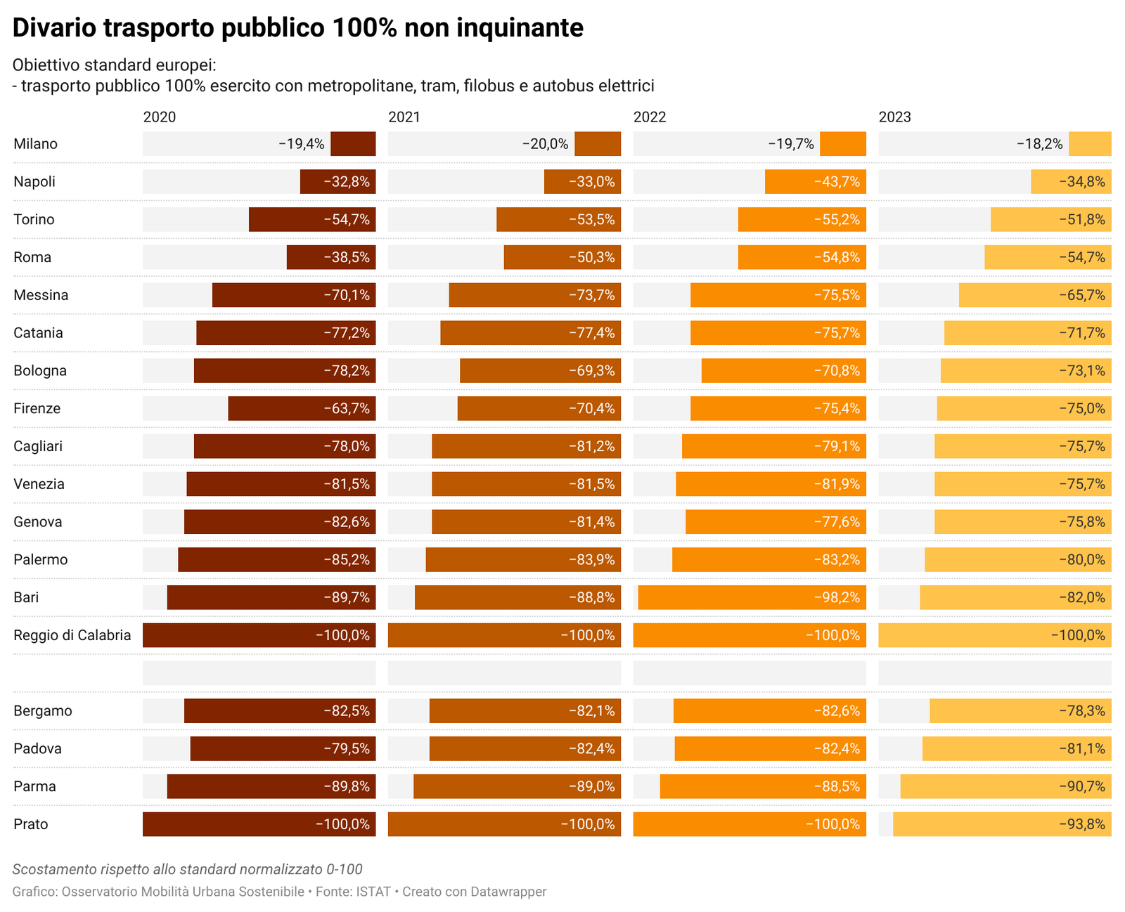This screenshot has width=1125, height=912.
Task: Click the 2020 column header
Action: [159, 117]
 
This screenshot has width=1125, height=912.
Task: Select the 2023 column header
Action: [894, 117]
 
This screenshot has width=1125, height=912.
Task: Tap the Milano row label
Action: [35, 143]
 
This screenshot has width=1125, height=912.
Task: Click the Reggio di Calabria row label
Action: [72, 635]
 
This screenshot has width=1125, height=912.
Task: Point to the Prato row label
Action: [31, 824]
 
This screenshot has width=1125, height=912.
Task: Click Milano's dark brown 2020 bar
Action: [353, 143]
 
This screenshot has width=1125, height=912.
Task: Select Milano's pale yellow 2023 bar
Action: [1090, 143]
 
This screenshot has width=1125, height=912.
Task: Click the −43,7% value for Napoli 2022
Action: [837, 181]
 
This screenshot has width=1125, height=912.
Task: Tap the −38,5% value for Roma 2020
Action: [347, 257]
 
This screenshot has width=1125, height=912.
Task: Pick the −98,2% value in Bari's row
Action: [837, 597]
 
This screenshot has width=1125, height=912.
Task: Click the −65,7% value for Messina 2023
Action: [1081, 295]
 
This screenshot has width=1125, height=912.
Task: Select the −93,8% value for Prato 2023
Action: [1081, 824]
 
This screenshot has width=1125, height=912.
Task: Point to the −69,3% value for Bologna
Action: [591, 370]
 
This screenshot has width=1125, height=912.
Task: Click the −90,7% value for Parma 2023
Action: [1081, 786]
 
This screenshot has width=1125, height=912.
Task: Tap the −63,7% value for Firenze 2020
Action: [347, 408]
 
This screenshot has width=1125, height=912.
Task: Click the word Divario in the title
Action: [54, 27]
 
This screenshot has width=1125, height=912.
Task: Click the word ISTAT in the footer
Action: [373, 892]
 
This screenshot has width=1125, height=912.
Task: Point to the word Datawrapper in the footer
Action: [508, 892]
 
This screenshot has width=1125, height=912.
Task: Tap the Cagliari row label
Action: [38, 446]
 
